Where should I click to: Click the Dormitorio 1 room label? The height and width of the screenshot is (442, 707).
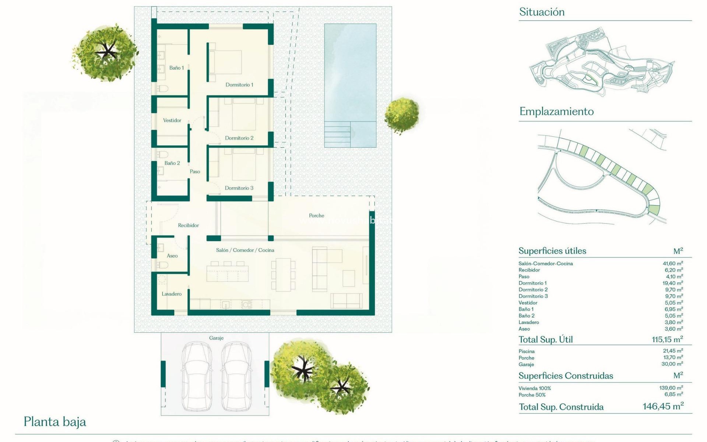239,85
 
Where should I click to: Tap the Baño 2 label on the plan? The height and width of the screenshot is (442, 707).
172,163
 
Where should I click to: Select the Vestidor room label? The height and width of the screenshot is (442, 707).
172,120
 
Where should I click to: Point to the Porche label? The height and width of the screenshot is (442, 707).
317,215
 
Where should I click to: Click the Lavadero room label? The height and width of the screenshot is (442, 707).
172,294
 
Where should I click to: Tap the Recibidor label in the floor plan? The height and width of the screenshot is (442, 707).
188,225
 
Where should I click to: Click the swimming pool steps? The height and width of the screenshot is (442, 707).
337,134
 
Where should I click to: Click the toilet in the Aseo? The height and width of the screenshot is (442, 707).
162,265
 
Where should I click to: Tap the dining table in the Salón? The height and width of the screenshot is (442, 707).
283,275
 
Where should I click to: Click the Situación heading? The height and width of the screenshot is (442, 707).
542,12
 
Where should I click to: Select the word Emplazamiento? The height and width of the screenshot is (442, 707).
556,112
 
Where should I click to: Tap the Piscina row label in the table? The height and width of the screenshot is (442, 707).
527,351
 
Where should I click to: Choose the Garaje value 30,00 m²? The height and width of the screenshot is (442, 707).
672,364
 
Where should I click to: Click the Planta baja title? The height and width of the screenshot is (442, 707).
55,422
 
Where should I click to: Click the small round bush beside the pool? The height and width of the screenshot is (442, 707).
402,115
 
